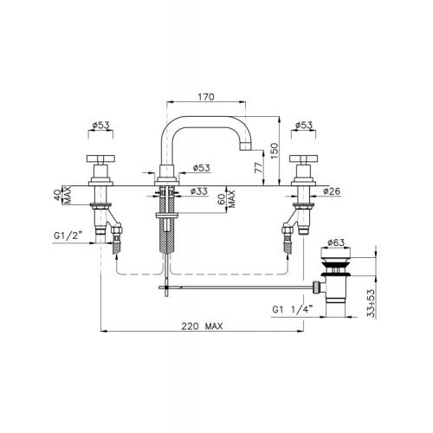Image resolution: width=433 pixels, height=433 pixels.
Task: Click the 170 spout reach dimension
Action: click(x=206, y=97)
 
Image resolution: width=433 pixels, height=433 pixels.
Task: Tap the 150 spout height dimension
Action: click(x=275, y=151)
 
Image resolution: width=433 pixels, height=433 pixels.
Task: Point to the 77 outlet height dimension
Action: click(x=259, y=168)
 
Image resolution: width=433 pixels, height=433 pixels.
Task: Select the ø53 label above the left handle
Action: click(x=100, y=126)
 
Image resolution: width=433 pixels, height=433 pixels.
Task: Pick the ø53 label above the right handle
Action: click(x=304, y=126)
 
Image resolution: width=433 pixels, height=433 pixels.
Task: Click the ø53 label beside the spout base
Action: click(x=202, y=168)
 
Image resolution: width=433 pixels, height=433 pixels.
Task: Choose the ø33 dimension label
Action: click(x=199, y=191)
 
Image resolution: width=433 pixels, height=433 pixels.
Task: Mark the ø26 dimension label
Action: click(x=332, y=191)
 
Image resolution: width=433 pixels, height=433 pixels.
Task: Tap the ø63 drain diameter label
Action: click(x=336, y=242)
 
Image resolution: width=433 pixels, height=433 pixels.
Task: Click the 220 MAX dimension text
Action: click(x=202, y=326)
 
